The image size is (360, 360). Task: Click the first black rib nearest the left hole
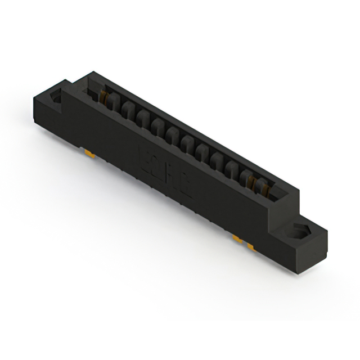[113, 103]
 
